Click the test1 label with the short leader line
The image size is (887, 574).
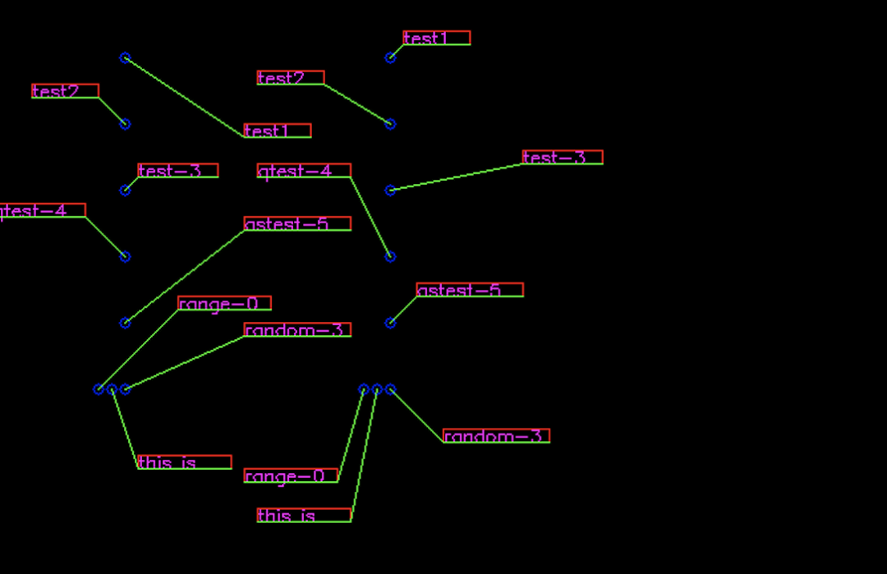pos(436,38)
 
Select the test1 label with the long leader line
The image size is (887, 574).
pos(277,131)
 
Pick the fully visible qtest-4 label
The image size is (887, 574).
pos(304,171)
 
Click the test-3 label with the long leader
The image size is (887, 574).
pos(562,157)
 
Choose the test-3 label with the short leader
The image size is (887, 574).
pos(177,171)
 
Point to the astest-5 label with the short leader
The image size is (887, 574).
pos(469,290)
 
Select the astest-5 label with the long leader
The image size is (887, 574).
pos(296,223)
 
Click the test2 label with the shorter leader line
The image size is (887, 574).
pos(65,91)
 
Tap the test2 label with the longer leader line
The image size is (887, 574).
pos(290,78)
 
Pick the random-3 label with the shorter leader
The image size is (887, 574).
pos(496,436)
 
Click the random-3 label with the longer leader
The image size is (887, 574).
pos(296,330)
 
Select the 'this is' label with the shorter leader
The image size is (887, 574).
pos(184,462)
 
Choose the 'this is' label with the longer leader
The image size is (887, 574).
pos(303,516)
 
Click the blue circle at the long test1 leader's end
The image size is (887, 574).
pos(125,57)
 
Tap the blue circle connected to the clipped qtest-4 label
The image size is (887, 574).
pos(125,257)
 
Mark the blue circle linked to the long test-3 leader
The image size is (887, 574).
pos(390,191)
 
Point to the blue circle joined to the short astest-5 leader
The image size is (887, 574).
pos(390,323)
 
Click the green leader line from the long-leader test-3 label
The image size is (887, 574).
pos(456,177)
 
